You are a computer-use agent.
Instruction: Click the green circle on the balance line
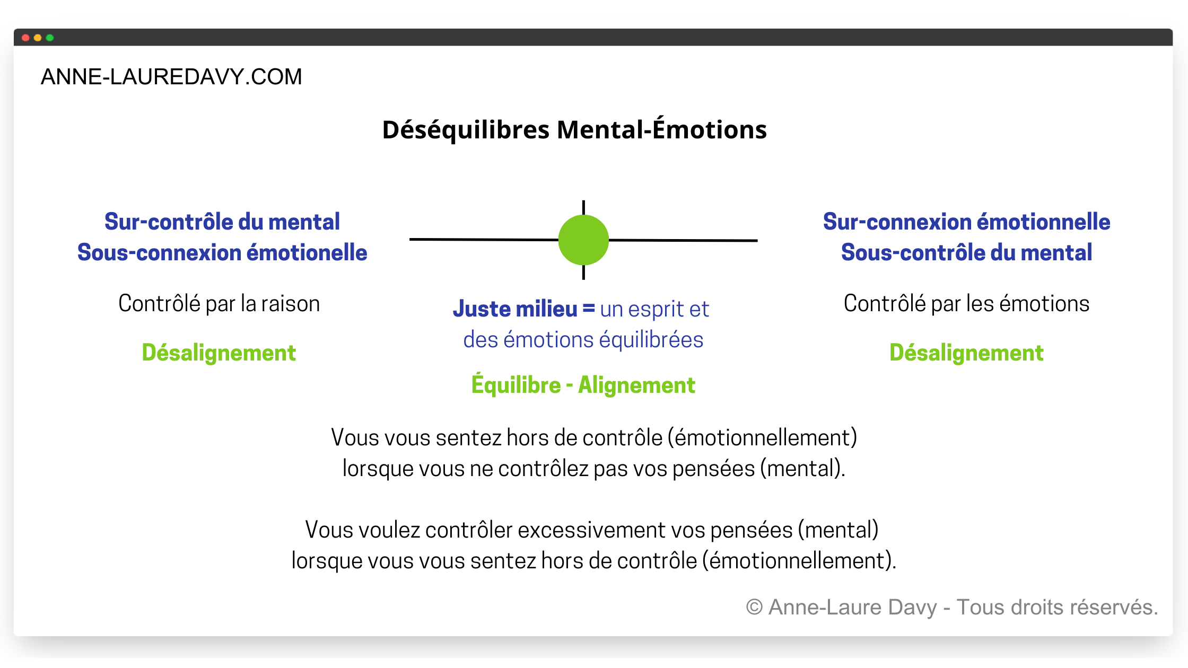(x=583, y=240)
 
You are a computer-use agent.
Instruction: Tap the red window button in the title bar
(x=25, y=38)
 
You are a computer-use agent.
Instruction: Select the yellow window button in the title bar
(x=38, y=38)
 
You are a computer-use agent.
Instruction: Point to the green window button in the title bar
(x=50, y=38)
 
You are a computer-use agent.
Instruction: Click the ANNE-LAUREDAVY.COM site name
(x=171, y=77)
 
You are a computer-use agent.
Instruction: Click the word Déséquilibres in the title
(x=466, y=130)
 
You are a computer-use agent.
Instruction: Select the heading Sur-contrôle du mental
(x=222, y=222)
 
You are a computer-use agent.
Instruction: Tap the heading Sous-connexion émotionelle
(x=222, y=252)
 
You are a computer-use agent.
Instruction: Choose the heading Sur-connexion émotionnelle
(x=966, y=222)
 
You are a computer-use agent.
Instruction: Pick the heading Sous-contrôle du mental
(x=966, y=252)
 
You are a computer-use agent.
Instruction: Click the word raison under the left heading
(x=290, y=304)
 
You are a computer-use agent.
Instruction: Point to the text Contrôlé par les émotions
(x=966, y=304)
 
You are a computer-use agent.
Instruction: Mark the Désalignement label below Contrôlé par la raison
(x=219, y=353)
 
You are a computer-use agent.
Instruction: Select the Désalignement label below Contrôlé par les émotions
(x=966, y=353)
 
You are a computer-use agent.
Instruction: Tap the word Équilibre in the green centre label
(x=516, y=385)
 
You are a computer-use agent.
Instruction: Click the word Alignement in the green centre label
(x=636, y=385)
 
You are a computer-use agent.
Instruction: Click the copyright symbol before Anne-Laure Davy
(x=754, y=607)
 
